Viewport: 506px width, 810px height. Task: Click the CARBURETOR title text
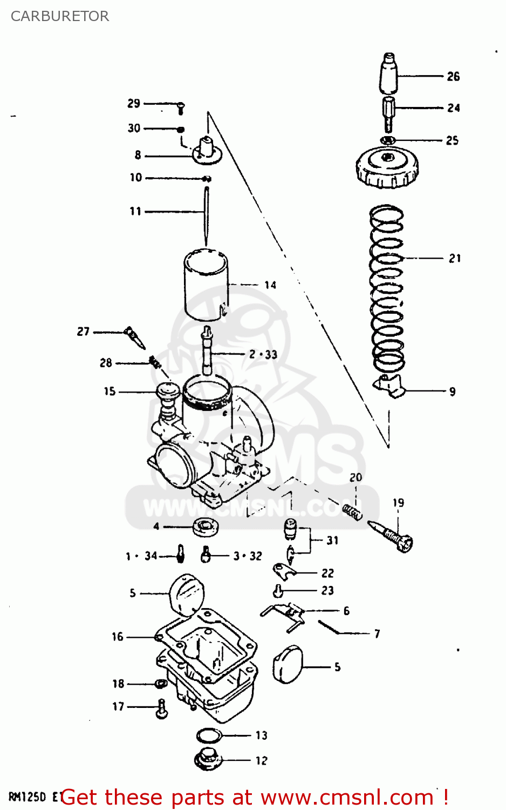[x=60, y=16]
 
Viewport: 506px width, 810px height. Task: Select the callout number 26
[x=453, y=77]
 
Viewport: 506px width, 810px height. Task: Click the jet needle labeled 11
[x=206, y=216]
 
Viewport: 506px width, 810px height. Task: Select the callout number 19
[x=398, y=503]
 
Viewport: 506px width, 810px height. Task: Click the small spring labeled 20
[x=352, y=511]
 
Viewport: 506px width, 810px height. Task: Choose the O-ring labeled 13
[x=209, y=735]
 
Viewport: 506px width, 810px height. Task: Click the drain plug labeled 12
[x=208, y=759]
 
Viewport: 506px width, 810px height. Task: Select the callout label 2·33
[x=263, y=355]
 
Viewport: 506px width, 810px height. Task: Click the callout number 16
[x=118, y=637]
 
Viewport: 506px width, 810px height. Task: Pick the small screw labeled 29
[x=181, y=108]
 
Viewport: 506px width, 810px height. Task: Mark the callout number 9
[x=452, y=391]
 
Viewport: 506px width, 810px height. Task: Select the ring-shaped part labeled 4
[x=205, y=526]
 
